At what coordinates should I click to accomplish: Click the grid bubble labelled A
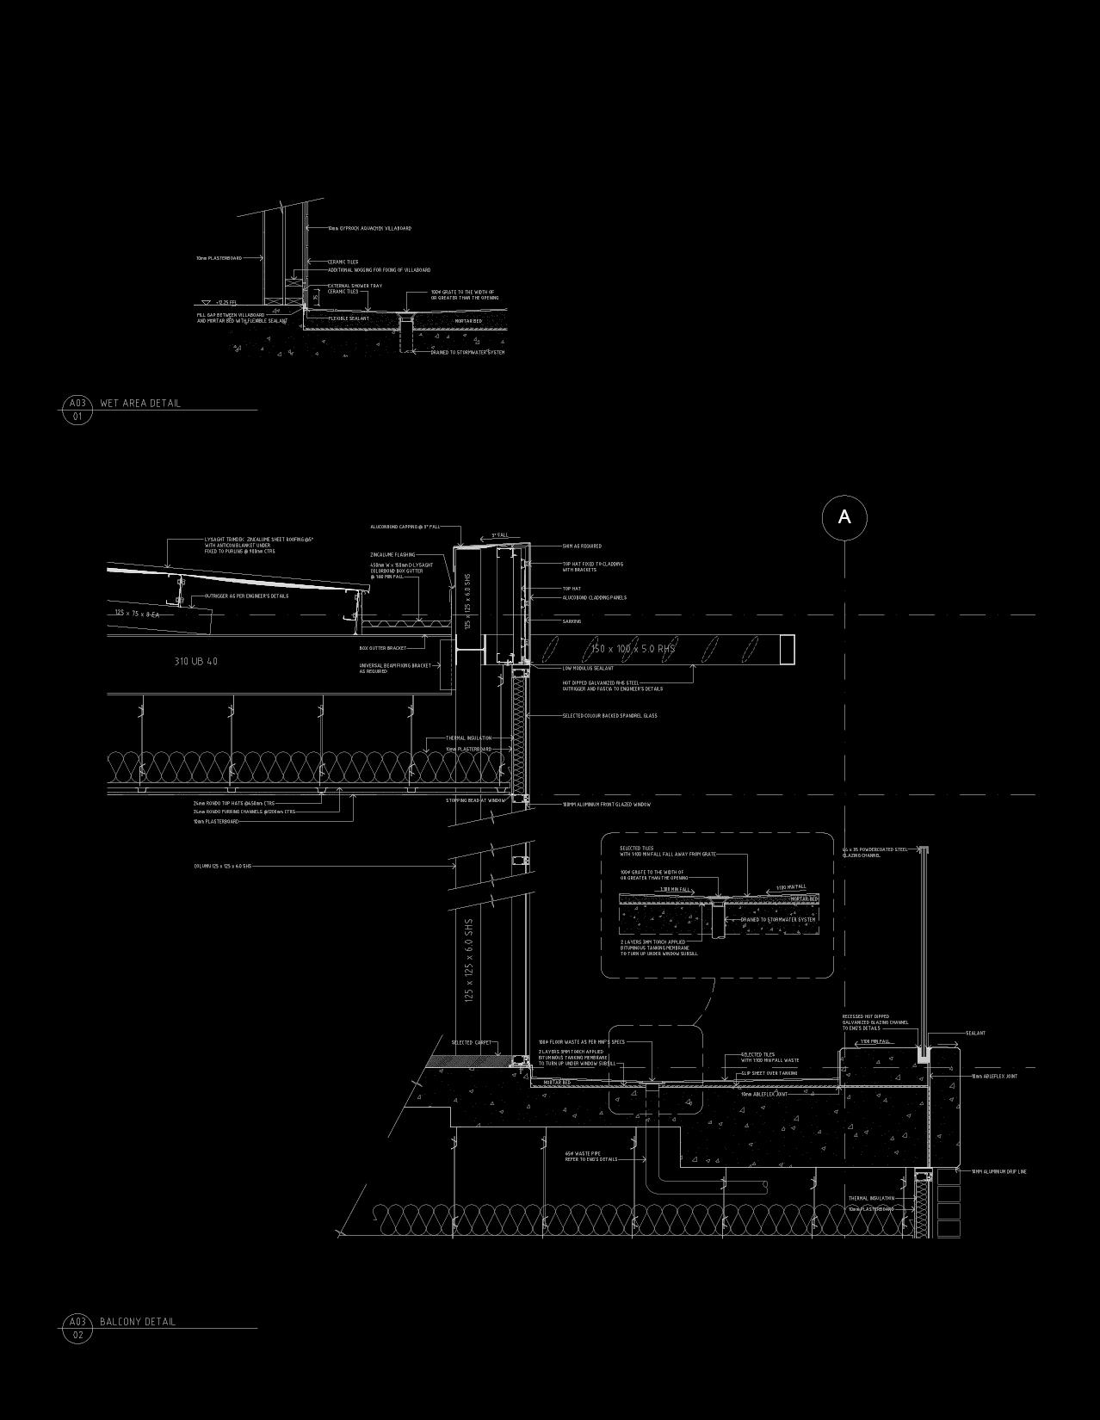tap(844, 517)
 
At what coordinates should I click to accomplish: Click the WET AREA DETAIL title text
tap(140, 403)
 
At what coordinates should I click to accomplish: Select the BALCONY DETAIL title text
tap(138, 1321)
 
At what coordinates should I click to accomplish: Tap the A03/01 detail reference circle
tap(77, 410)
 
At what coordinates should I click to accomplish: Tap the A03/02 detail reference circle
tap(77, 1328)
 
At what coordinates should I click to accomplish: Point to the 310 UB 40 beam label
tap(196, 661)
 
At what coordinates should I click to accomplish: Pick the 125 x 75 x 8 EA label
tap(137, 613)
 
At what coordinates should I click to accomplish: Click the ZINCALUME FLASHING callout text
tap(392, 555)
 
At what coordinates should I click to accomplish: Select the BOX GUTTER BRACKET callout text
tap(383, 648)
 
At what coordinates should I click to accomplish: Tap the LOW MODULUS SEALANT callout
tap(588, 668)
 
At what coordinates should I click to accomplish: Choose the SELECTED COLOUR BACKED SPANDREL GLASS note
tap(609, 716)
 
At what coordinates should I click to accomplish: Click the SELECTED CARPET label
tap(471, 1043)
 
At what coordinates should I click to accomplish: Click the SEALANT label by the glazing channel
tap(975, 1034)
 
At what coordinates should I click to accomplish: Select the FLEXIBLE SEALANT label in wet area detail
tap(349, 318)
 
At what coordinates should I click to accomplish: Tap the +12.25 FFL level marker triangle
tap(206, 303)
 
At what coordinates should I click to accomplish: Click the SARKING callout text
tap(572, 621)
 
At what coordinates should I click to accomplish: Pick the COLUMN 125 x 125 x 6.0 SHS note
tap(222, 866)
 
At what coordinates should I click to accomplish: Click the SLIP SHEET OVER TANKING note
tap(769, 1073)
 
